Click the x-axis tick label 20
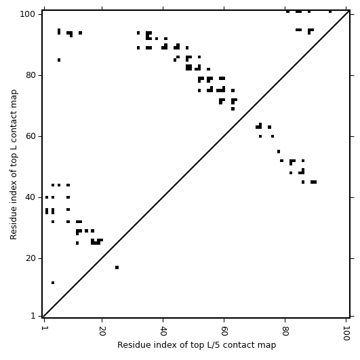(x=102, y=331)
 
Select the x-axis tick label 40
(x=163, y=331)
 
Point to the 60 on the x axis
(x=224, y=331)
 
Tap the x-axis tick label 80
(x=285, y=331)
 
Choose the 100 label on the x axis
(x=346, y=333)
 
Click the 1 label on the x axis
(x=44, y=328)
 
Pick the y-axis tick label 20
(x=31, y=258)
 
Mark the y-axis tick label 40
(x=31, y=197)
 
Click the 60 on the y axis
(x=31, y=136)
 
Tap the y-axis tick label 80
(x=31, y=75)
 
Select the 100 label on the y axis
(x=28, y=14)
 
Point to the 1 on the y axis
(x=33, y=316)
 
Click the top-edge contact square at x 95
(x=330, y=12)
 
